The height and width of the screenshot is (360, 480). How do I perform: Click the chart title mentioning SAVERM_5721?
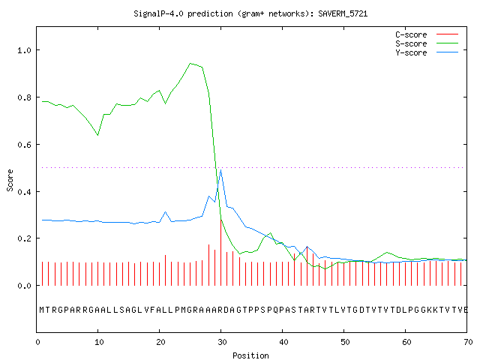[250, 13]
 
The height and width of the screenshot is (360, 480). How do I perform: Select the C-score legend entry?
[427, 34]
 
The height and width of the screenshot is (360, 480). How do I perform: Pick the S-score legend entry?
[427, 43]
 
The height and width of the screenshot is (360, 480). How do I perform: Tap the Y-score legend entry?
[427, 52]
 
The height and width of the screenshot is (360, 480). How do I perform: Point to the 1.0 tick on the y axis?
[24, 50]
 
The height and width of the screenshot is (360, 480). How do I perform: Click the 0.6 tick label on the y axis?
[24, 144]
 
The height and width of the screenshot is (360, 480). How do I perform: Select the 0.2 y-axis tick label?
[24, 238]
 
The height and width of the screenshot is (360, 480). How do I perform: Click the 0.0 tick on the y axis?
[24, 286]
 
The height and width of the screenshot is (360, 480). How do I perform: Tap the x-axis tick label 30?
[222, 342]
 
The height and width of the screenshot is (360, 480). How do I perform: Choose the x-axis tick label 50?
[345, 342]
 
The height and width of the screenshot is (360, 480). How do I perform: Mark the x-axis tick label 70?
[468, 342]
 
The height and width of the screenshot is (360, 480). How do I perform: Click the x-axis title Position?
[250, 355]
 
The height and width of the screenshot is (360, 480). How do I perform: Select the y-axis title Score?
[10, 180]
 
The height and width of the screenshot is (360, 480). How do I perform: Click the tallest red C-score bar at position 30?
[220, 252]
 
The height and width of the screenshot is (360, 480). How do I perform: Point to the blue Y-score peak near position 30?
[220, 170]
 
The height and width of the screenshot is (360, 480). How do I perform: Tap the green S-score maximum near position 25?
[190, 63]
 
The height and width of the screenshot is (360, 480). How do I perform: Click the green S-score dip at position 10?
[98, 135]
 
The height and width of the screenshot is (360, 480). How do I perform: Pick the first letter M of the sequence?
[42, 310]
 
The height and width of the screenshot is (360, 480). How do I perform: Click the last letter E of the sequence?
[466, 310]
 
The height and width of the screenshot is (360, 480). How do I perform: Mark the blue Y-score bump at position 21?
[165, 211]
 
